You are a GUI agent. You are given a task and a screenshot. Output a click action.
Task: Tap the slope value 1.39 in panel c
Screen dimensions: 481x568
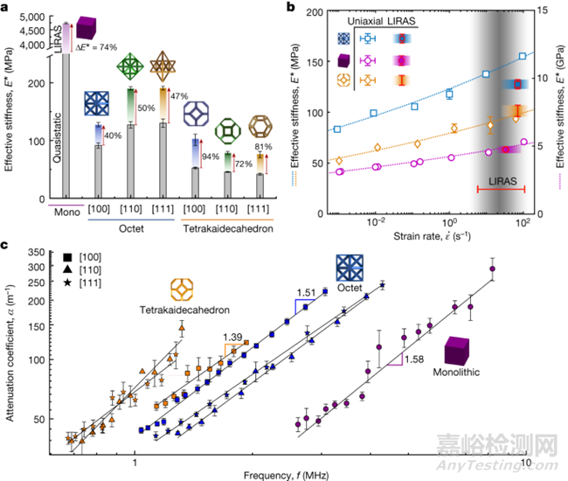(x=234, y=337)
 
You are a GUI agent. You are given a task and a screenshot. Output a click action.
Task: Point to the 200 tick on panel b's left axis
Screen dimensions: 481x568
(x=317, y=14)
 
